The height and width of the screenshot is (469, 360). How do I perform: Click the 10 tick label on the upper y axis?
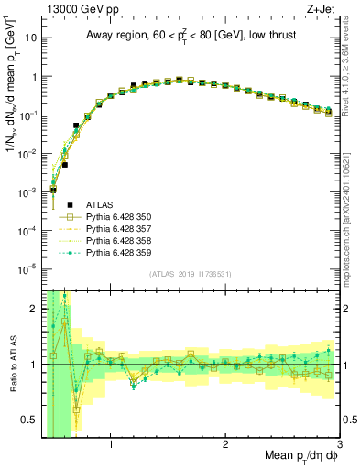coord(29,38)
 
